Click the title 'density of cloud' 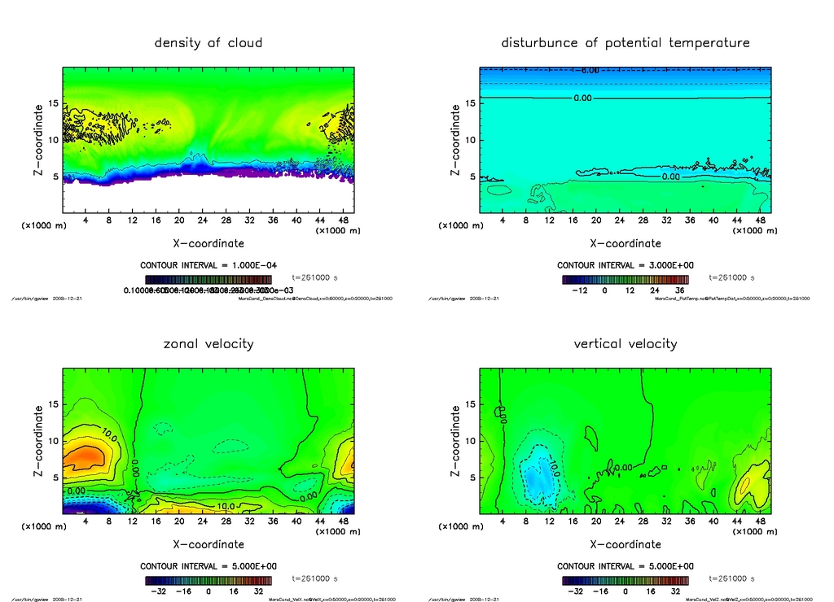click(x=208, y=42)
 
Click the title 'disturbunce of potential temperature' click(x=625, y=42)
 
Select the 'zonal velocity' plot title click(x=208, y=343)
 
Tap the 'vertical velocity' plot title click(x=625, y=343)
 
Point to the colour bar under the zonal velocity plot click(x=208, y=581)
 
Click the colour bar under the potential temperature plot click(x=625, y=280)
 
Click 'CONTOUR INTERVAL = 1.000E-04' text click(x=208, y=265)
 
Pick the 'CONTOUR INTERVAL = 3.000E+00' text click(x=625, y=265)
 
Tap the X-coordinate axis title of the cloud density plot click(x=208, y=242)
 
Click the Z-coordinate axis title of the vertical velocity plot click(x=454, y=439)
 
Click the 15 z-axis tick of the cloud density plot click(x=53, y=103)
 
